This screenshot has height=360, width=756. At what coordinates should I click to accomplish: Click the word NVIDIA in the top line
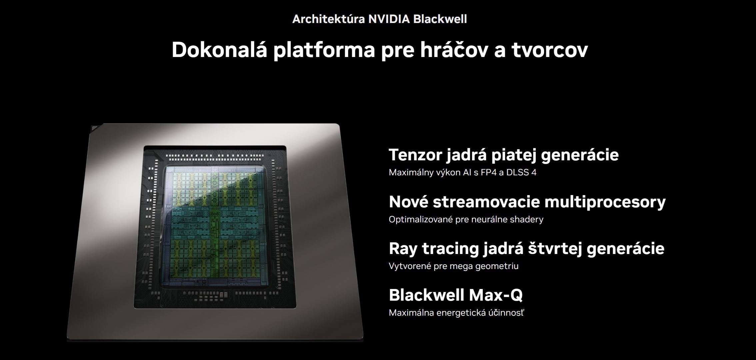click(388, 19)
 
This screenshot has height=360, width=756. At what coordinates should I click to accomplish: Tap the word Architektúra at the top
click(328, 19)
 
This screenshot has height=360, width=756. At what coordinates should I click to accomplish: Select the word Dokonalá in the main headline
click(219, 50)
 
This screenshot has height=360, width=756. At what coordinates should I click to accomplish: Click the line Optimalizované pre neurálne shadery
click(466, 220)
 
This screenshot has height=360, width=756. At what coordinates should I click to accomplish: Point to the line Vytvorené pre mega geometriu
click(453, 266)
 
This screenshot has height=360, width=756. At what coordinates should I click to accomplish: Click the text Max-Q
click(496, 295)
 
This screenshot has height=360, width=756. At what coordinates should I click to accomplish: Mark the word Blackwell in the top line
click(440, 19)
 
